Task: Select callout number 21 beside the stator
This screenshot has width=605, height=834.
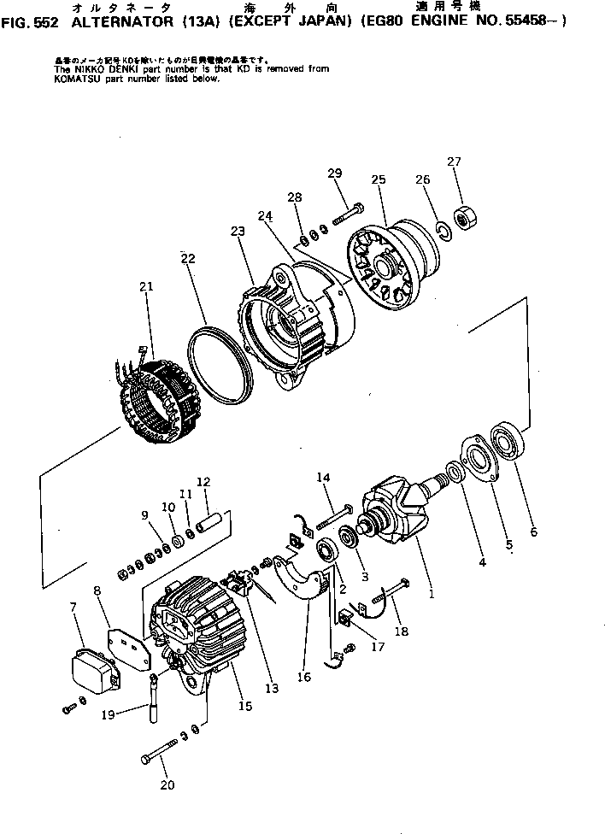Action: click(x=146, y=287)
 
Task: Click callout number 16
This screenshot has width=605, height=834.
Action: click(x=304, y=678)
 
